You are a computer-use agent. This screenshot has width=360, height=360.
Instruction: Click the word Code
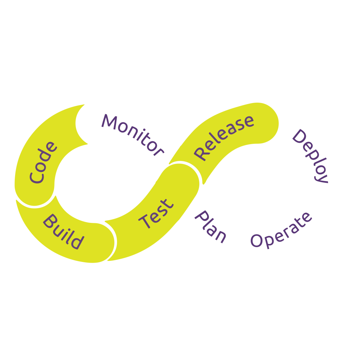43,162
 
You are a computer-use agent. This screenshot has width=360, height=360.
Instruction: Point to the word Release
224,137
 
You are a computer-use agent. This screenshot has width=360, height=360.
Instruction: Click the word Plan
210,227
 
